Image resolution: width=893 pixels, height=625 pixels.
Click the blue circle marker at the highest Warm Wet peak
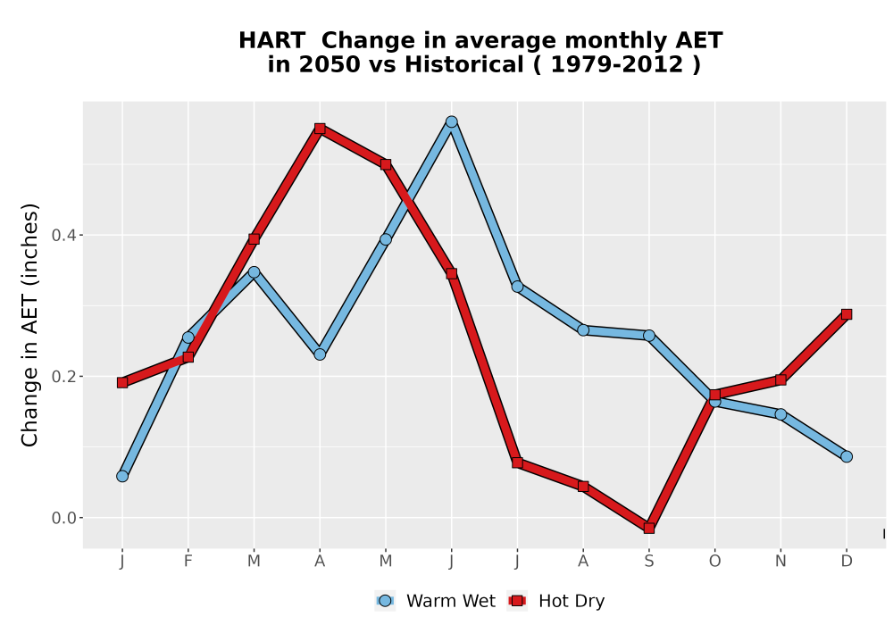click(x=452, y=121)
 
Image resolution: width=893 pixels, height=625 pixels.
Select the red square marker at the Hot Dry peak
click(x=320, y=129)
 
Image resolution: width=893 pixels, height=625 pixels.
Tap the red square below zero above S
click(x=648, y=529)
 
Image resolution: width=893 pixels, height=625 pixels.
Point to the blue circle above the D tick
click(x=847, y=456)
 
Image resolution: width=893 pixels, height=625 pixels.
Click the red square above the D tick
click(x=847, y=314)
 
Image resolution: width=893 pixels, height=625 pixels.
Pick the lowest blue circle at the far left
click(x=122, y=476)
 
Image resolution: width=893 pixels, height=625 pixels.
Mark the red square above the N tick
click(x=780, y=379)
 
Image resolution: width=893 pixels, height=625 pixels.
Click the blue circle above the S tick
click(x=648, y=336)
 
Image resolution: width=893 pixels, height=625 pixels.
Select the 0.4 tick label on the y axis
click(x=63, y=235)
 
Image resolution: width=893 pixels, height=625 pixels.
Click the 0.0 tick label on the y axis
click(x=63, y=518)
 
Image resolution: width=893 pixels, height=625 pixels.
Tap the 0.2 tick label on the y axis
click(x=63, y=376)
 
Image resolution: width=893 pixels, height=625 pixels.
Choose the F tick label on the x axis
click(x=188, y=562)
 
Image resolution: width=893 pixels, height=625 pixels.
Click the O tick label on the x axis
click(x=714, y=562)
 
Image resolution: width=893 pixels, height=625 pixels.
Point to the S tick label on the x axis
click(x=648, y=562)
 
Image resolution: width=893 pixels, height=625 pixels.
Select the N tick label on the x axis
click(x=780, y=562)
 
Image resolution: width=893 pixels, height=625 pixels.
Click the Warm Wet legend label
click(x=451, y=601)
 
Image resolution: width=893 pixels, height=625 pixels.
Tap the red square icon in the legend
click(x=518, y=601)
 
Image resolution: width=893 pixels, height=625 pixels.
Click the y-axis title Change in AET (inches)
click(x=29, y=325)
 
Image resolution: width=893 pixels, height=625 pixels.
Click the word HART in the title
click(x=271, y=41)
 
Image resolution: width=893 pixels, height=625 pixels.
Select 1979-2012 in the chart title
click(x=617, y=64)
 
